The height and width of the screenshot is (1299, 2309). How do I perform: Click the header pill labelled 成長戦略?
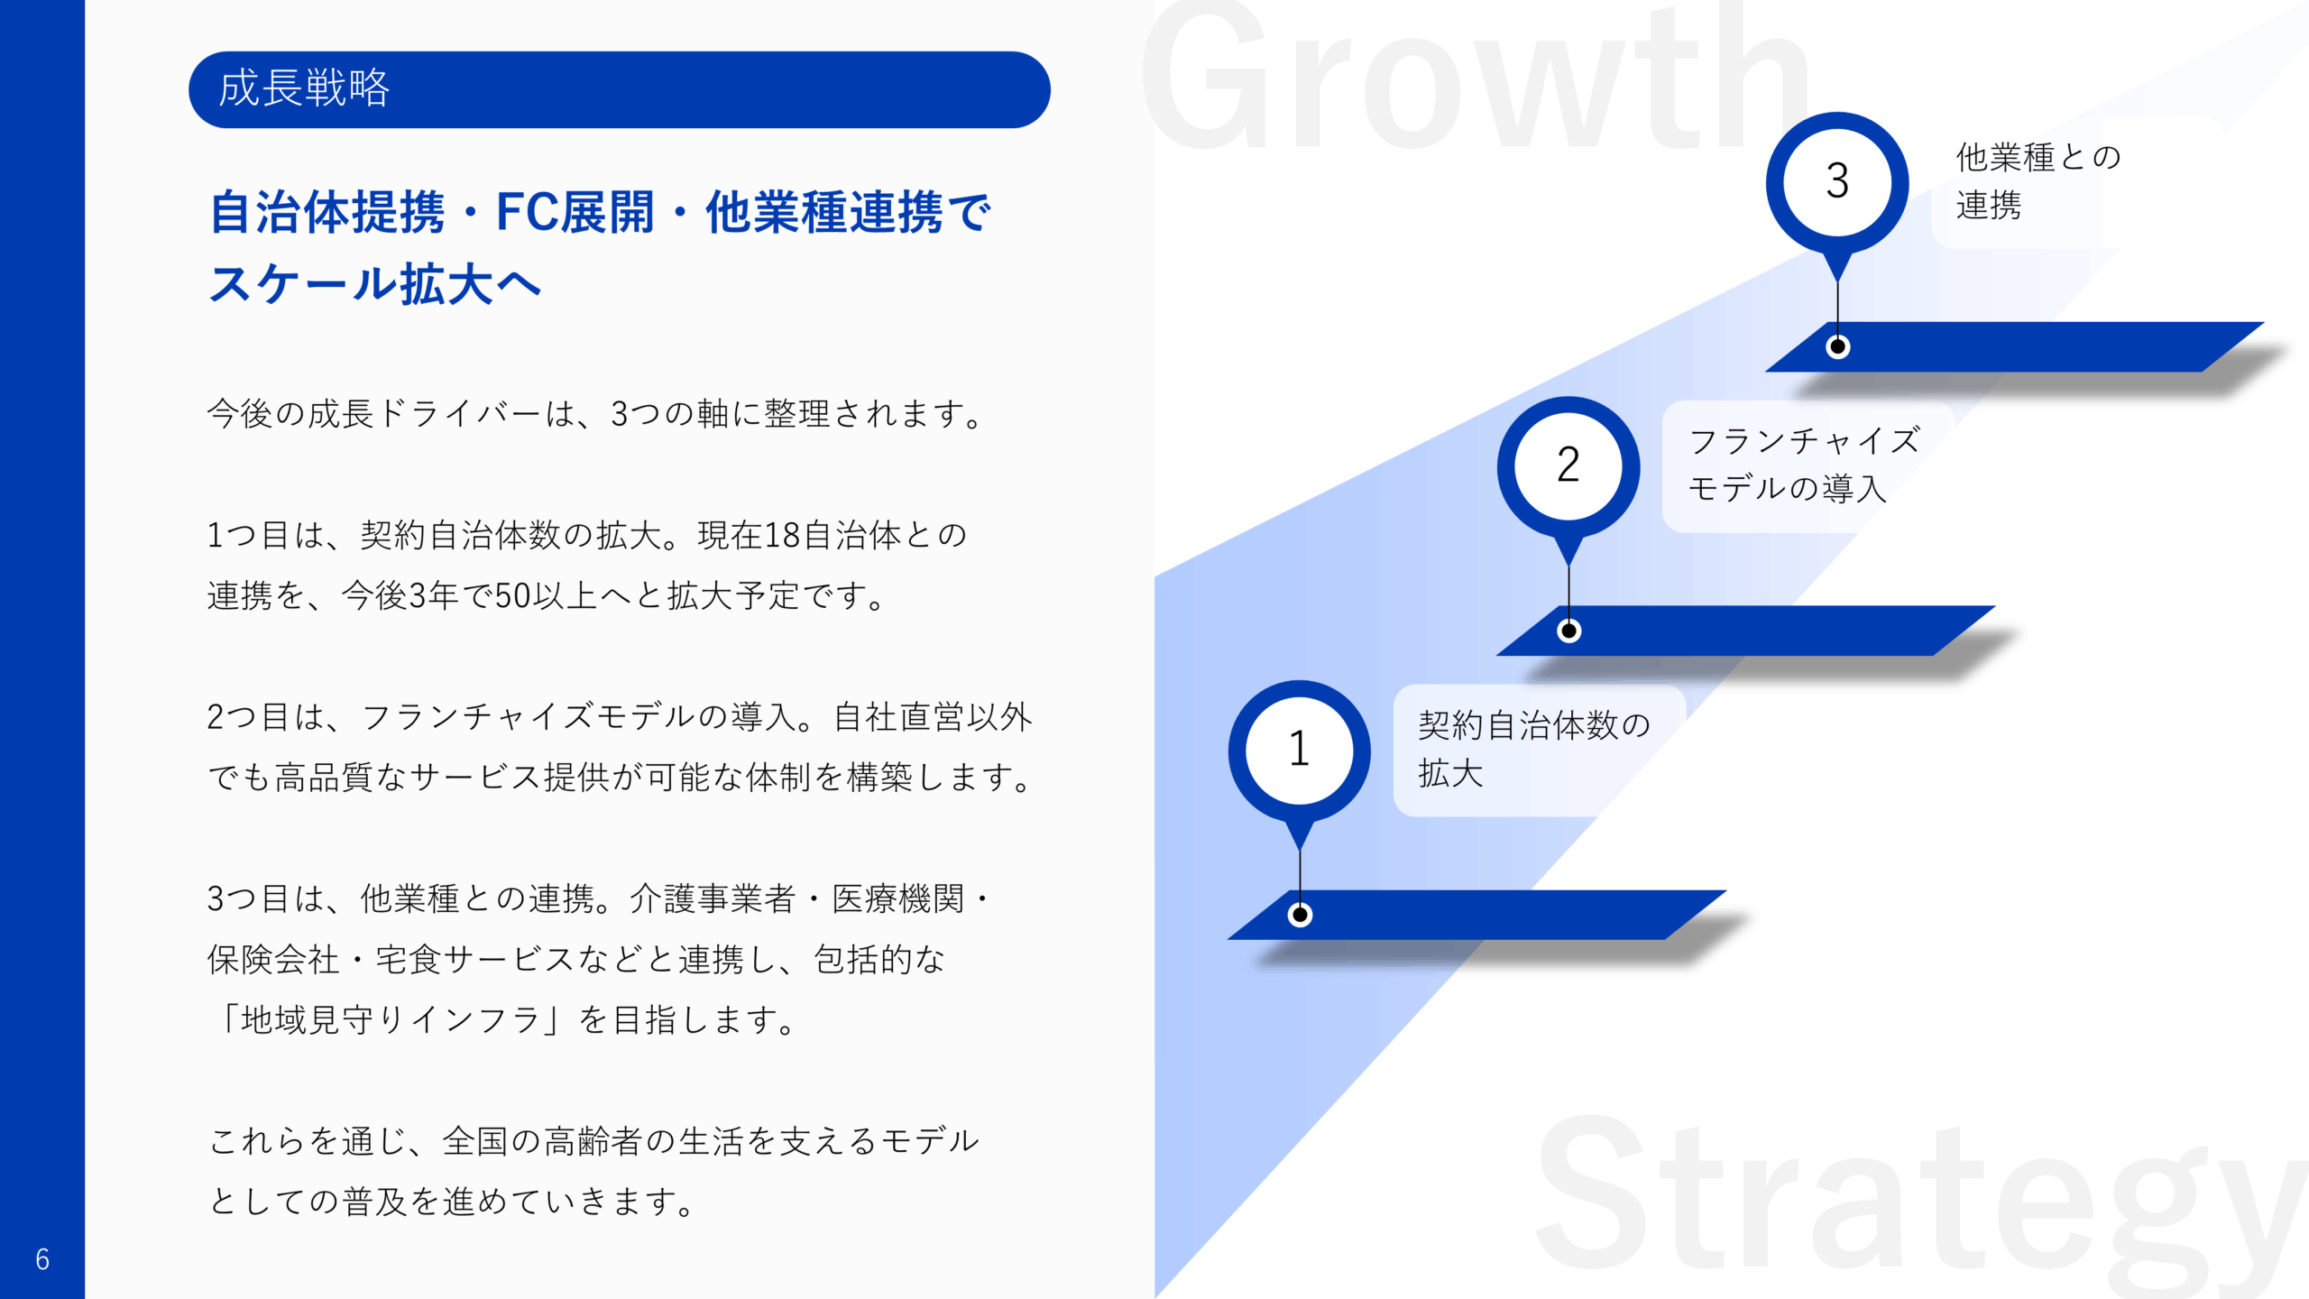coord(619,89)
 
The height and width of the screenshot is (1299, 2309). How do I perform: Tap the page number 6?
coord(42,1259)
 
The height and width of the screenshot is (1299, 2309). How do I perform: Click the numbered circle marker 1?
coord(1299,750)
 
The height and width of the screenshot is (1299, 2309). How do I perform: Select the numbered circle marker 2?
coord(1568,465)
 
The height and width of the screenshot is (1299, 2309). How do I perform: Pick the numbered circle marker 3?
coord(1837,180)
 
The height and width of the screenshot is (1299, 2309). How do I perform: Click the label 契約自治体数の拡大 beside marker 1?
coord(1533,750)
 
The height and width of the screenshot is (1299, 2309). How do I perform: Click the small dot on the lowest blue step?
coord(1300,915)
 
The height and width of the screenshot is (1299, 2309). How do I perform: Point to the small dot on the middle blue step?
coord(1568,631)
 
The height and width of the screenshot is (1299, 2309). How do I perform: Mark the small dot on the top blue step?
coord(1837,346)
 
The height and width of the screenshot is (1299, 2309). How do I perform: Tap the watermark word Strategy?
coord(1921,1200)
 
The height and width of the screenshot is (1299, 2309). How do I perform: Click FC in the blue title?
coord(527,213)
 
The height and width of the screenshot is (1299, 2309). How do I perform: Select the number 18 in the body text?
coord(781,536)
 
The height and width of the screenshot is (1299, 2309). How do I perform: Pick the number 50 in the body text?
coord(512,596)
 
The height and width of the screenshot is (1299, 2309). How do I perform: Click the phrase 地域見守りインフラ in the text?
coord(390,1020)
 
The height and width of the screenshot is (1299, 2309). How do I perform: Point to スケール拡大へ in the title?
coord(374,284)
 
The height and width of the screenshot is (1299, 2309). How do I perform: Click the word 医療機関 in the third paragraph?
coord(897,899)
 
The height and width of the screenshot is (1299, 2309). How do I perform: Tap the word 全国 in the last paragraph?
coord(475,1141)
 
